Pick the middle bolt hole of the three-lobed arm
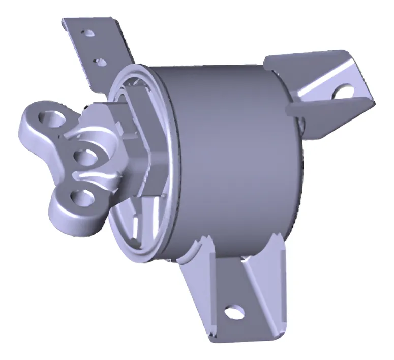pos(85,157)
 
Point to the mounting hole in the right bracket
pos(344,91)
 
